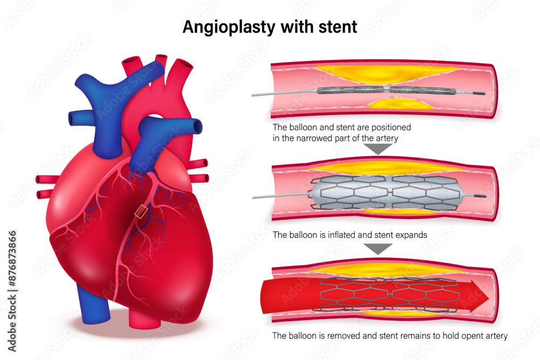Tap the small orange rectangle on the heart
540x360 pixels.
[x=140, y=211]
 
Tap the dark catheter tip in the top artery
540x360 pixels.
[x=479, y=94]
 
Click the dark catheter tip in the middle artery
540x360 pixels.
[x=479, y=195]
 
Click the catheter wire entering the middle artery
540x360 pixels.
[x=281, y=196]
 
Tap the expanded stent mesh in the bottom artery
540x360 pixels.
[x=389, y=296]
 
